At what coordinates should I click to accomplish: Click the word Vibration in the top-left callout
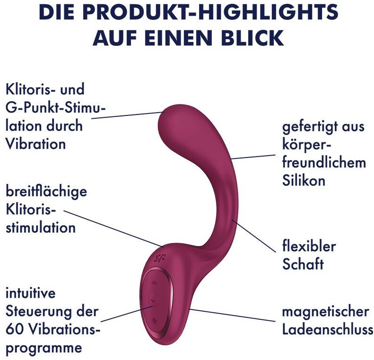(x=35, y=143)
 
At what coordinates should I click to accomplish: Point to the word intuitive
(x=30, y=293)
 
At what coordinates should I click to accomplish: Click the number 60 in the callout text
(x=14, y=330)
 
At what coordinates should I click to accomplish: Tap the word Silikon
(x=304, y=180)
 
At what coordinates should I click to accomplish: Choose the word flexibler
(x=309, y=246)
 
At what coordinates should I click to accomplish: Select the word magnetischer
(x=325, y=312)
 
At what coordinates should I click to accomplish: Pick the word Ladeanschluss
(x=328, y=330)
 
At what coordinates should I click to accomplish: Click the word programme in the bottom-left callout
(x=43, y=348)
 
